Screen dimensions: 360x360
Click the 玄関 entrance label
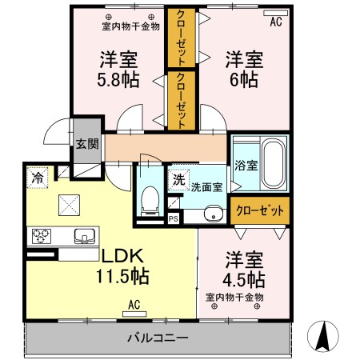point(86,144)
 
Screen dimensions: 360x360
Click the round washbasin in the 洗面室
point(212,213)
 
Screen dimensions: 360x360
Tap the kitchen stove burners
point(41,236)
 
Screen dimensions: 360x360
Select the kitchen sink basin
point(84,236)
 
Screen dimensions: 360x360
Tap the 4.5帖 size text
point(244,279)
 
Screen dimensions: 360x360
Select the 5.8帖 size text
point(118,80)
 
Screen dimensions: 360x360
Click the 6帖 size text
point(244,80)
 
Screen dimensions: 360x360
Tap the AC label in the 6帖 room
point(276,22)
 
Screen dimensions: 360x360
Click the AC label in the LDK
point(135,305)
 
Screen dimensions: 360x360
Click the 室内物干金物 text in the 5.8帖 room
point(130,26)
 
